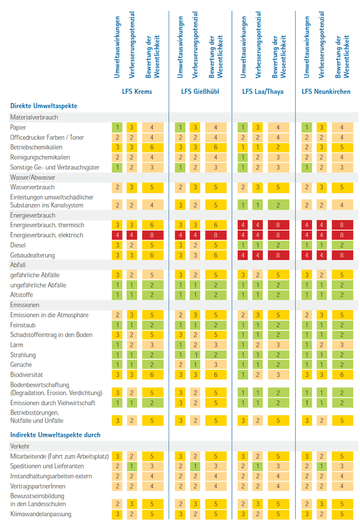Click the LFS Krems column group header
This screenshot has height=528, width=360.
coord(137,91)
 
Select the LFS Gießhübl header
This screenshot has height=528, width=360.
coord(200,91)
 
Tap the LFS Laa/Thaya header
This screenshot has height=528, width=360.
coord(262,91)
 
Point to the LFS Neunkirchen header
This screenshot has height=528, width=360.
coord(326,91)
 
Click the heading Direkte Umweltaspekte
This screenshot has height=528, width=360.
coord(44,106)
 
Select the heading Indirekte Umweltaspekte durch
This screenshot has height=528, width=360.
coord(55,435)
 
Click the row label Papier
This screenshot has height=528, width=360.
coord(18,128)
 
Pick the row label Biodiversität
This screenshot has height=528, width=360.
coord(27,375)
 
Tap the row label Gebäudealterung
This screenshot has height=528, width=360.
coord(32,255)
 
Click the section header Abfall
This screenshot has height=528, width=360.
coord(18,265)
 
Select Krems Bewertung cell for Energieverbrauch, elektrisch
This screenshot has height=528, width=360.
coord(152,235)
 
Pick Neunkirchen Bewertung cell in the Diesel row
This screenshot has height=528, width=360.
coord(341,245)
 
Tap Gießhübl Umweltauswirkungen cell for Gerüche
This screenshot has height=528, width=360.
coord(180,365)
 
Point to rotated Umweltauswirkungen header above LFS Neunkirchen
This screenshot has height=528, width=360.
coord(306,48)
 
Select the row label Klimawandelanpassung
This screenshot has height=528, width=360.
coord(40,514)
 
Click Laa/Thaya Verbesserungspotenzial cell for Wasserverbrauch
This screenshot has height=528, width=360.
coord(258,187)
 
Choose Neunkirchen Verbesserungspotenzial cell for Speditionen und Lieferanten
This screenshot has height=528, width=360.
coord(320,467)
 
